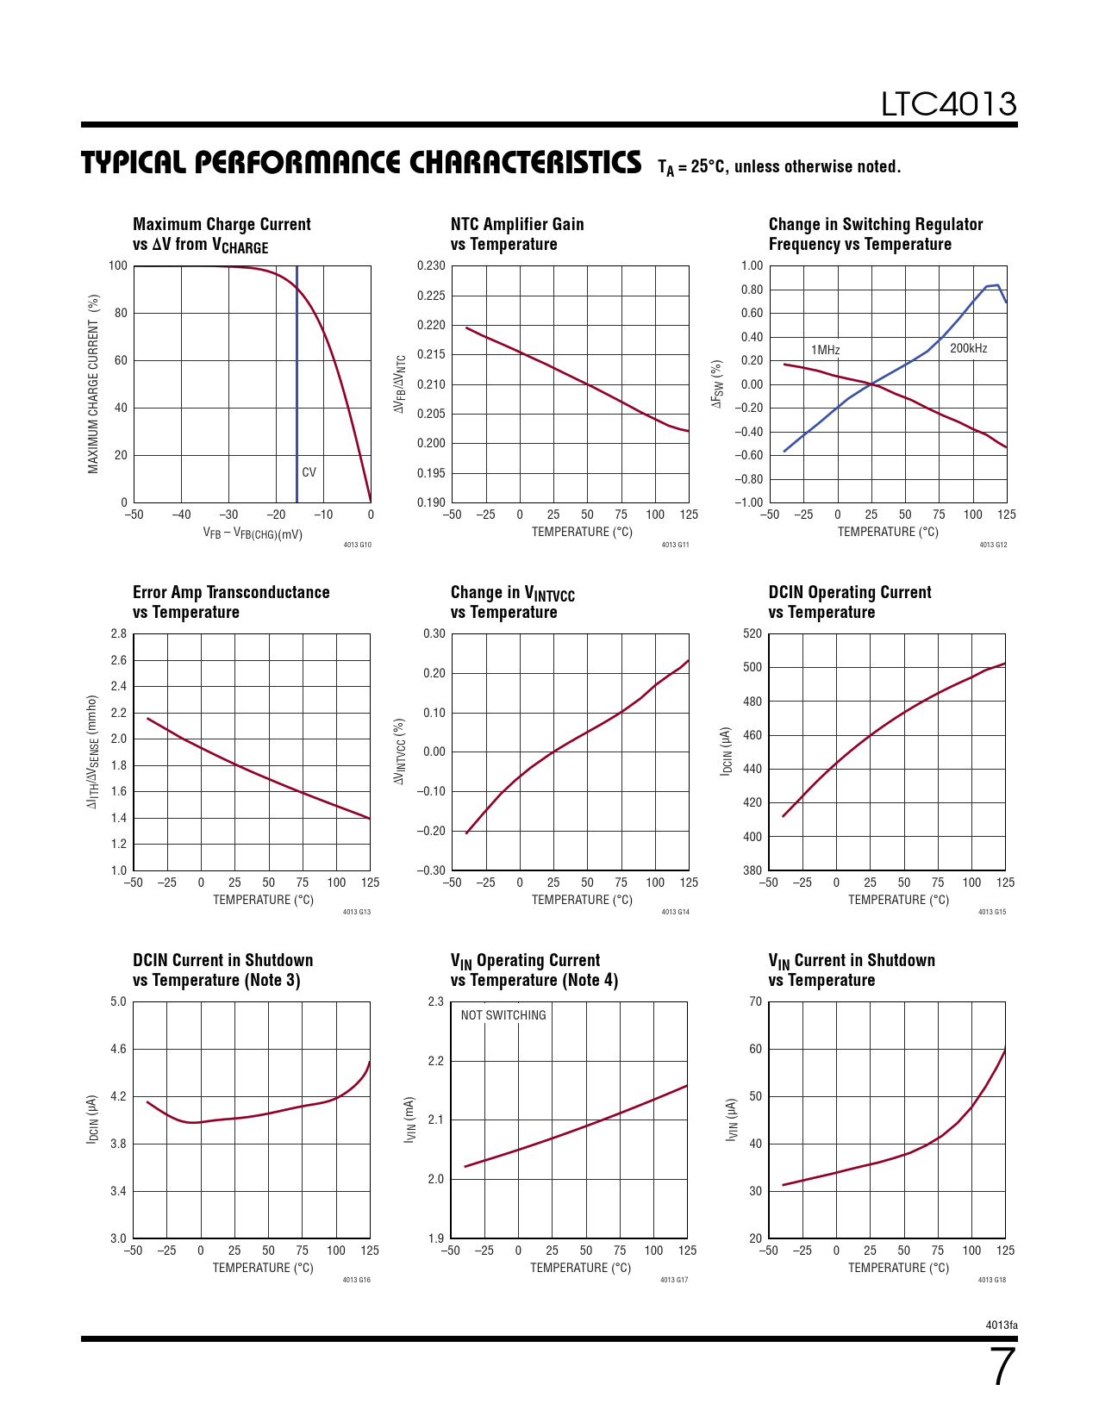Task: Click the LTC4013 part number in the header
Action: tap(948, 104)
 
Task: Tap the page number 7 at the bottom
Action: tap(1002, 1367)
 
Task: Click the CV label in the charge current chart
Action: tap(309, 472)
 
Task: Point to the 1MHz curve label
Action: tap(825, 350)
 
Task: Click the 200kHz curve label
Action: tap(968, 348)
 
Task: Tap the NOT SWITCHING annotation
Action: tap(503, 1015)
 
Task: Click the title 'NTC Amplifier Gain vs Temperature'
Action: tap(517, 234)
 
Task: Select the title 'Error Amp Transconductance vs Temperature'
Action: tap(231, 602)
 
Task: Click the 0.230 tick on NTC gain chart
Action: tap(431, 265)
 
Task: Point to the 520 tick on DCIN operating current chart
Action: tap(752, 633)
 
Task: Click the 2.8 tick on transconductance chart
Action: tap(118, 633)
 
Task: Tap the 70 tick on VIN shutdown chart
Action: tap(755, 1001)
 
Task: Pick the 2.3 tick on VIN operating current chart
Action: tap(435, 1001)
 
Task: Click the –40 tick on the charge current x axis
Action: tap(181, 515)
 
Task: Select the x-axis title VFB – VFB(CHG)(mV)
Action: tap(253, 533)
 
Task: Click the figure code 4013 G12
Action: tap(993, 545)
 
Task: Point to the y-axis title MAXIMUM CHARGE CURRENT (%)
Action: tap(93, 384)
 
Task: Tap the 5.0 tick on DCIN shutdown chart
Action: tap(118, 1001)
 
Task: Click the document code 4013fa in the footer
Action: tap(1002, 1325)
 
